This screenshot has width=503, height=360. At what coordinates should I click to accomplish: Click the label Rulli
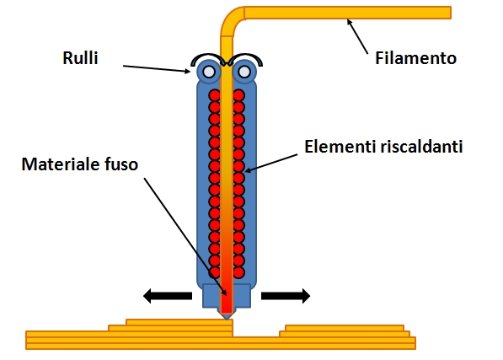tap(80, 58)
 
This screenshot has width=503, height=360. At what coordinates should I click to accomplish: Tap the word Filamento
tap(415, 58)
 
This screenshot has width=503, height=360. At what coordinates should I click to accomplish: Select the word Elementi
tap(340, 147)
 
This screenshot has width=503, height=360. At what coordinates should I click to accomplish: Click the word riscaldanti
tap(421, 147)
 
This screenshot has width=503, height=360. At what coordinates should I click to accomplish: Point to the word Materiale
tap(61, 164)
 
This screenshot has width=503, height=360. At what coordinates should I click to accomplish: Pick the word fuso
tap(121, 164)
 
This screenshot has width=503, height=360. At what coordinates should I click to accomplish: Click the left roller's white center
tap(209, 72)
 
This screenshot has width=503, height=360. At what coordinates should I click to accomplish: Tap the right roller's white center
tap(244, 72)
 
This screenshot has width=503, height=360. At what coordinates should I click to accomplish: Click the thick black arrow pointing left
tap(168, 296)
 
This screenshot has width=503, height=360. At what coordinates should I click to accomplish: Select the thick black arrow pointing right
tap(286, 296)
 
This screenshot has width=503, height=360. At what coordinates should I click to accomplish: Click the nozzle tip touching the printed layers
tap(227, 319)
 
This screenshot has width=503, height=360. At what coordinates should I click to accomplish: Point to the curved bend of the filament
tap(230, 20)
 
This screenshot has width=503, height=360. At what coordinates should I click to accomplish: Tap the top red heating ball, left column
tap(215, 95)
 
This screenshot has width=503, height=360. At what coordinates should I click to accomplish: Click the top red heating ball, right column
tap(238, 95)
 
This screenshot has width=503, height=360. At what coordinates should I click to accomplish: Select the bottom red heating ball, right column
tap(238, 272)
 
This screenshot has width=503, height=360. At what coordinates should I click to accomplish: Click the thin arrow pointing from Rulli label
tap(157, 69)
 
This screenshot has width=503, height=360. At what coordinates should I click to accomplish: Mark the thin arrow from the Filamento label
tap(357, 36)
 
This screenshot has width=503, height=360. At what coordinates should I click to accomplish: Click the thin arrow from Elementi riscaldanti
tap(271, 163)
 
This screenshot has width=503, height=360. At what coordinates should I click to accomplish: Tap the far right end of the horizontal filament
tap(451, 13)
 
